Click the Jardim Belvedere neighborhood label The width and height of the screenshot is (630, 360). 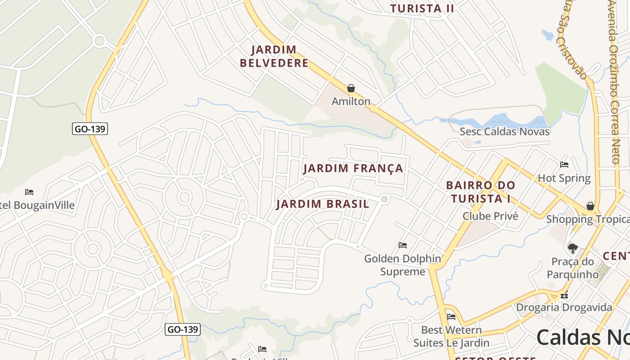274,56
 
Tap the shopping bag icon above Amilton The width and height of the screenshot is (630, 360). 351,88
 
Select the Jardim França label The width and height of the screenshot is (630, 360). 353,168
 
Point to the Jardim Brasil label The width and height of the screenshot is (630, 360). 323,204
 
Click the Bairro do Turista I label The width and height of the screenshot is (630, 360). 481,192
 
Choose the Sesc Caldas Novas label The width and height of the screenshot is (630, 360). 504,131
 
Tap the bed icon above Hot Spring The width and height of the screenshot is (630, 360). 564,165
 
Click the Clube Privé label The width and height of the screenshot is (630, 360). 490,216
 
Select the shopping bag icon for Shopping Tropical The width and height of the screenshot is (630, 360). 590,206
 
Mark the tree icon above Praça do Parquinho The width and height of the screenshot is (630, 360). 572,248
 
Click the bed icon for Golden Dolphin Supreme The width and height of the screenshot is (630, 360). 403,245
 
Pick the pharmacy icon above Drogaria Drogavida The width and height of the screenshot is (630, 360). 564,296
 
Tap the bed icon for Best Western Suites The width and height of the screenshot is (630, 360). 451,317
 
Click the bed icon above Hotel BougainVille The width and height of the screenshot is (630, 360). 29,192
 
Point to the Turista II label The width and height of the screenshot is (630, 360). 422,8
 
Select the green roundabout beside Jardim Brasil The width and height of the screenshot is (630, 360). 384,199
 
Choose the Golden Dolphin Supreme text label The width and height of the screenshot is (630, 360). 403,265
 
